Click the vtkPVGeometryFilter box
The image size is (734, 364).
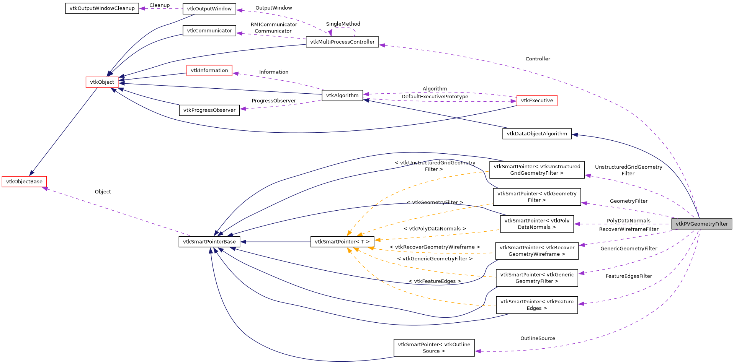pyautogui.click(x=701, y=224)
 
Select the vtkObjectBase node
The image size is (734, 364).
pyautogui.click(x=24, y=182)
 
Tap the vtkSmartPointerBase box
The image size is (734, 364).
pyautogui.click(x=209, y=242)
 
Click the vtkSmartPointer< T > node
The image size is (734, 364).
pyautogui.click(x=342, y=242)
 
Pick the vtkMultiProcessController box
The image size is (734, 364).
pyautogui.click(x=342, y=42)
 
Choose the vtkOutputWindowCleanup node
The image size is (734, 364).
pyautogui.click(x=102, y=8)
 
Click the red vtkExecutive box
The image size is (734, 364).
pyautogui.click(x=536, y=101)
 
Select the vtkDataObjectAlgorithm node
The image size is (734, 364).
pyautogui.click(x=536, y=134)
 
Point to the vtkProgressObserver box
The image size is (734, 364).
pyautogui.click(x=209, y=110)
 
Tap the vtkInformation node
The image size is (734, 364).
pyautogui.click(x=209, y=70)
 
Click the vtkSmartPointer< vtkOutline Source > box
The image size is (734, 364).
pyautogui.click(x=434, y=348)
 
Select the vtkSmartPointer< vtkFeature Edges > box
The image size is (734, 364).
pyautogui.click(x=536, y=305)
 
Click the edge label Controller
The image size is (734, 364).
pyautogui.click(x=538, y=59)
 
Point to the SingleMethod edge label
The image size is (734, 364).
pyautogui.click(x=343, y=24)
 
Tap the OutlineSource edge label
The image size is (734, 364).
pyautogui.click(x=537, y=338)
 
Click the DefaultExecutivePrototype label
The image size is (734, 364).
pyautogui.click(x=435, y=97)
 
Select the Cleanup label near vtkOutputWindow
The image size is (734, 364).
pyautogui.click(x=159, y=5)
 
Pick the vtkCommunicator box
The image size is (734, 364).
pyautogui.click(x=209, y=31)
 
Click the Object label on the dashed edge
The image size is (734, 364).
pyautogui.click(x=103, y=192)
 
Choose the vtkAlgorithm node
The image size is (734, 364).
pyautogui.click(x=342, y=96)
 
